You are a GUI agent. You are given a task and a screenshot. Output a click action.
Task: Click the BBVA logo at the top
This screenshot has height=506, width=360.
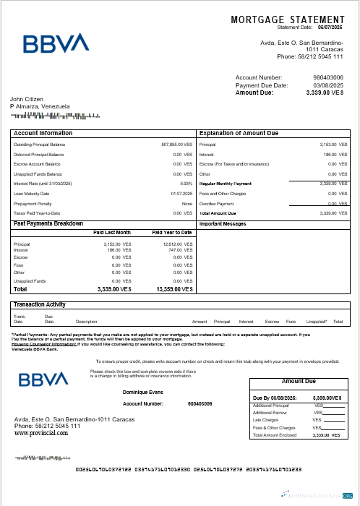56,43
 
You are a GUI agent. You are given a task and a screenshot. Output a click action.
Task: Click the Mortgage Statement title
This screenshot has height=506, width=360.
287,20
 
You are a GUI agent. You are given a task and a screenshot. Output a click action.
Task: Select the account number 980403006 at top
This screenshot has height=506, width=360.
328,77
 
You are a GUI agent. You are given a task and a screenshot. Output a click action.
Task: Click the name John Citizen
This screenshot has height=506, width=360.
27,99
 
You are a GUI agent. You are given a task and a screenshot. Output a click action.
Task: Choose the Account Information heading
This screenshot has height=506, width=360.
43,134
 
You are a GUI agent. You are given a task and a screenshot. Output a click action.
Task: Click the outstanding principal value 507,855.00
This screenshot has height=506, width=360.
176,145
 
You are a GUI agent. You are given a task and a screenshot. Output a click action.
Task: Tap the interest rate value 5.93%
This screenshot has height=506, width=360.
186,184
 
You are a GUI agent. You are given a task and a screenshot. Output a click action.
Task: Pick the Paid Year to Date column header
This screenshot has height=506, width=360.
172,233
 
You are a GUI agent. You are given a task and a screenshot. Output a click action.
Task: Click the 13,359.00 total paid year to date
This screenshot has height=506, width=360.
174,289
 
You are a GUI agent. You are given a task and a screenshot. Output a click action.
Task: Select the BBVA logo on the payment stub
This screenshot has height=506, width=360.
44,380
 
